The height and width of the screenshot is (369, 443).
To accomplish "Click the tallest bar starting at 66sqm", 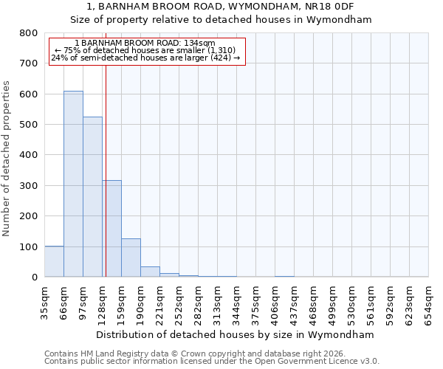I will tap(73, 184).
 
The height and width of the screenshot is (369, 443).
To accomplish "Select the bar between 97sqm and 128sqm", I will tap(92, 197).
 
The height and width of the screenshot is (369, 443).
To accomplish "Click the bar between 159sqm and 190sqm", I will tap(131, 258).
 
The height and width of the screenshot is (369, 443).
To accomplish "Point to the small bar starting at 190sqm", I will tap(150, 272).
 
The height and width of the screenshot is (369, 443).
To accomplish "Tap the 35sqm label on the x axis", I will tap(44, 300).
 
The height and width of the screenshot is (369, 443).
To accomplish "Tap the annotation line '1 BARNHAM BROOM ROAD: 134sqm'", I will tap(145, 44).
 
